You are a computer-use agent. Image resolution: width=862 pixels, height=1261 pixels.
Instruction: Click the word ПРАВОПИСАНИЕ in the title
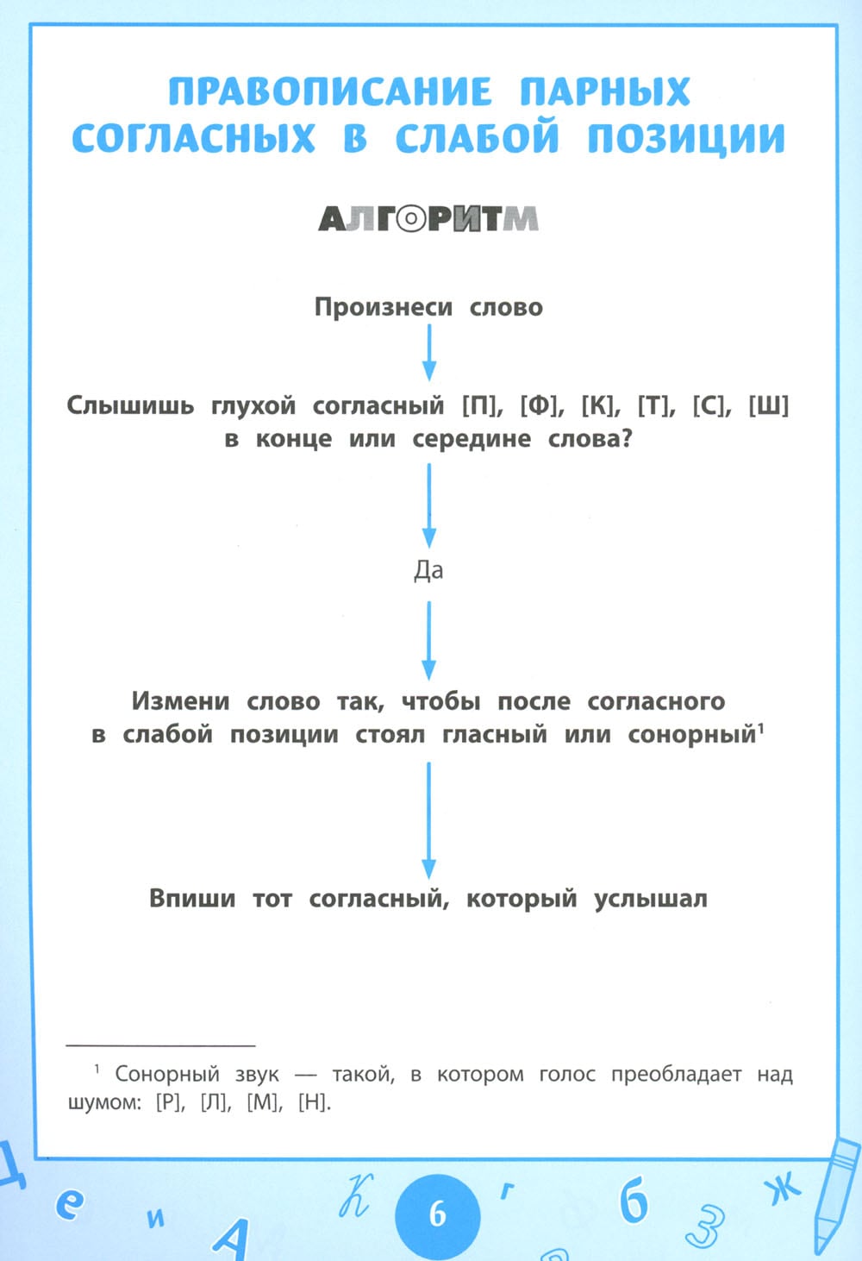pyautogui.click(x=330, y=91)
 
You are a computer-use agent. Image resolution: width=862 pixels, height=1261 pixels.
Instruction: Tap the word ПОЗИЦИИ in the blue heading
pyautogui.click(x=686, y=139)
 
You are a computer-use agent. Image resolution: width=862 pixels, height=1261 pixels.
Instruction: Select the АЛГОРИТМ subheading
pyautogui.click(x=428, y=220)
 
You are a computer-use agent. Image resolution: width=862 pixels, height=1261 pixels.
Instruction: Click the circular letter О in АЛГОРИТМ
pyautogui.click(x=412, y=220)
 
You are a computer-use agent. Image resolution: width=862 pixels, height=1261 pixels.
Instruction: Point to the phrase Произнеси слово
pyautogui.click(x=428, y=307)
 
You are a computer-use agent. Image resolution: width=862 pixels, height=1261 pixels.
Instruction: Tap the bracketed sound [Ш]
pyautogui.click(x=768, y=405)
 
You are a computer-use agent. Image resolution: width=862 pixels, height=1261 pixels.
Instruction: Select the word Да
pyautogui.click(x=428, y=570)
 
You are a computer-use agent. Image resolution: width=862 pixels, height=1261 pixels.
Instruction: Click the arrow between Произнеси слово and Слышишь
pyautogui.click(x=428, y=353)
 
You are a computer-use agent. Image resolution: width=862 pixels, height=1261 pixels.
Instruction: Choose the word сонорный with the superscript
pyautogui.click(x=692, y=735)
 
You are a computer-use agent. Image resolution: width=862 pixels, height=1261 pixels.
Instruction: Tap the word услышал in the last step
pyautogui.click(x=650, y=899)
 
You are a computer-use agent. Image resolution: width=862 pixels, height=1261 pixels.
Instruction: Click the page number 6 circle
pyautogui.click(x=437, y=1214)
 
